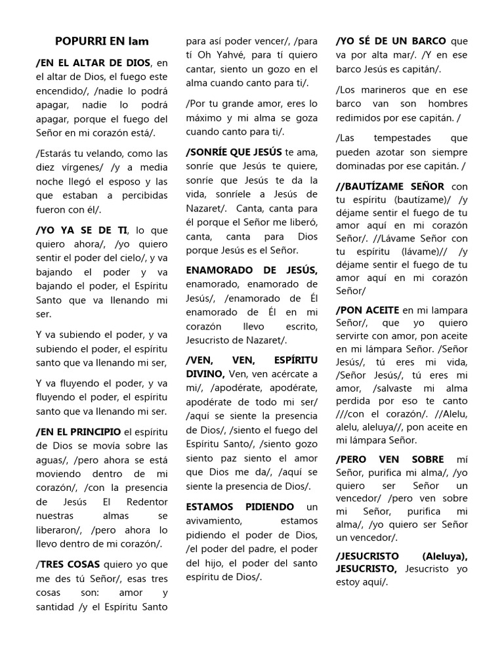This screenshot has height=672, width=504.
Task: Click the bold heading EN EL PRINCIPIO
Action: point(77,431)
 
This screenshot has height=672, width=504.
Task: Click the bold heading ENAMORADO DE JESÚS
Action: point(252,270)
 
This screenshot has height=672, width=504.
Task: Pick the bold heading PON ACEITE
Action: point(367,310)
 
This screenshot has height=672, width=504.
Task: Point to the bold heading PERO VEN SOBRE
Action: point(390,459)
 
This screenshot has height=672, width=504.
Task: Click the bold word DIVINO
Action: point(205,373)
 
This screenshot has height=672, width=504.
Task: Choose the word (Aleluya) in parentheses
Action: point(445,556)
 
